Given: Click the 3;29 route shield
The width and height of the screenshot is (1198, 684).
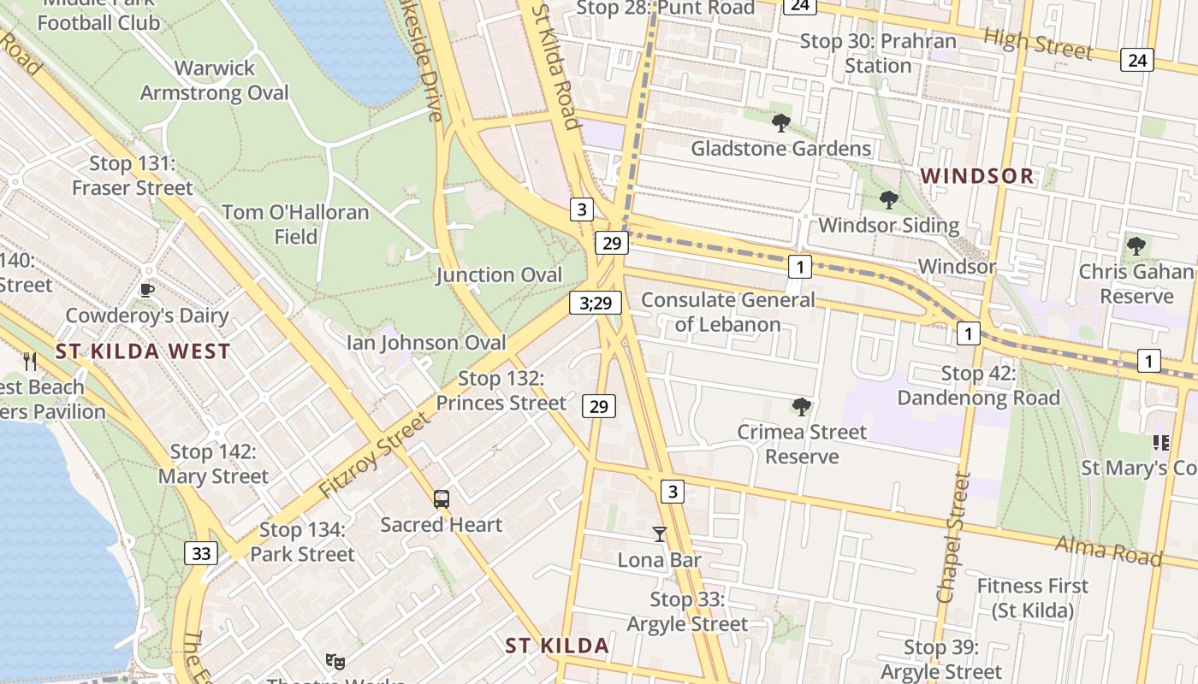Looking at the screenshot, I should point(596,303).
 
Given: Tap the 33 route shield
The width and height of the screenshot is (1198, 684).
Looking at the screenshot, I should point(201,553).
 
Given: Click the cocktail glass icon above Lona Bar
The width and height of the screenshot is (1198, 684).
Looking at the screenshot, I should point(659,534).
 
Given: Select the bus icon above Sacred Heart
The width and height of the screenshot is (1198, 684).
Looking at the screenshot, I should point(442,499).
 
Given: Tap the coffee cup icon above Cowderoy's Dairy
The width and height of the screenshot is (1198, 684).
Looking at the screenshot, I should point(147,290).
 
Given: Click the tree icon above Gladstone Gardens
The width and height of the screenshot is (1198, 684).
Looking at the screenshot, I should point(780,123).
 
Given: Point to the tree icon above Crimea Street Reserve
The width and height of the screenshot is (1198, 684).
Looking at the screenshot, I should point(802,406).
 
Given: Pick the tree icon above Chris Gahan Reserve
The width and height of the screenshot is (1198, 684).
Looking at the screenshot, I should point(1136,246).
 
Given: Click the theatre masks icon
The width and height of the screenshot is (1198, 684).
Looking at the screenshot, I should point(335,661).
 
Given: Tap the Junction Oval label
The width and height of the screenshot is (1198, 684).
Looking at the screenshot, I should point(499,274).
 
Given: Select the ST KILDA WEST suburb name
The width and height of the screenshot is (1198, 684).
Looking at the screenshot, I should point(143,351).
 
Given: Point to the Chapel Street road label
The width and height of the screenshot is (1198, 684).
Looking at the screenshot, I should point(954,539).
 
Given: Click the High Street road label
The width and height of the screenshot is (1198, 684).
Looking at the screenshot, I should point(1038,44).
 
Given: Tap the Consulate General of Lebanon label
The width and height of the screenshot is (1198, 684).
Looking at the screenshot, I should point(728,312).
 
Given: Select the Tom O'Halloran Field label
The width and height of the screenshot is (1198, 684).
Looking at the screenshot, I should point(295,224).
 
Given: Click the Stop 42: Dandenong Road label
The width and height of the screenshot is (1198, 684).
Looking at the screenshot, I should point(978,386).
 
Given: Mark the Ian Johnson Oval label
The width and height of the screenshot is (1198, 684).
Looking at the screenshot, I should point(426,343).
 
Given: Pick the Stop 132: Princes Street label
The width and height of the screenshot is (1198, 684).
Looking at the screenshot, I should point(501,391).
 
